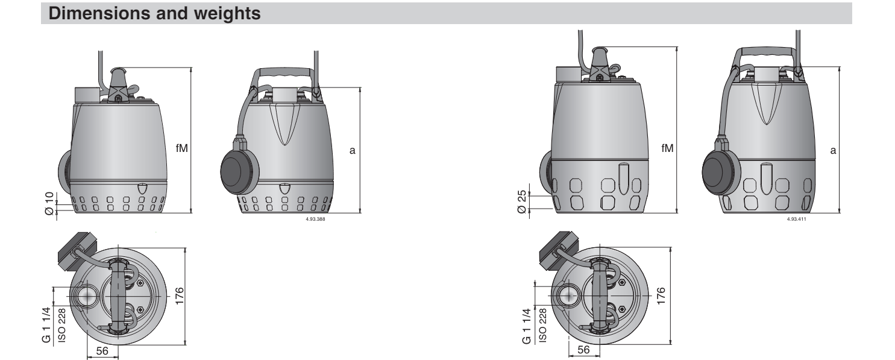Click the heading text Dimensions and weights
pos(154,13)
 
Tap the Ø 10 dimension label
pos(49,204)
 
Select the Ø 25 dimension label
pos(522,202)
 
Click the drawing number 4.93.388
pos(315,219)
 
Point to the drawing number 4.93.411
pos(796,219)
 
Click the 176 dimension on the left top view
pos(180,296)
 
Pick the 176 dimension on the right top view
pos(661,296)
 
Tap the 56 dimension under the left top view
pos(102,350)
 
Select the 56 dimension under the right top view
pos(584,350)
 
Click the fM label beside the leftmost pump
pos(182,148)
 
